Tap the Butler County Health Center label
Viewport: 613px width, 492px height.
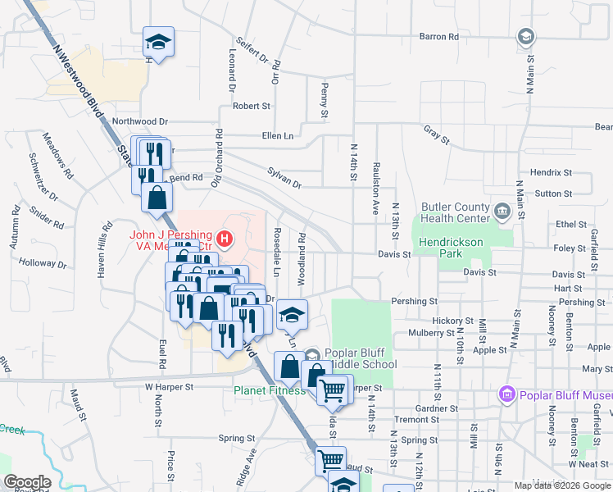pos(455,213)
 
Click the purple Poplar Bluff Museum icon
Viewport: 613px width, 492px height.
pos(507,396)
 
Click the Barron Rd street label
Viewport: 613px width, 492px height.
pos(439,37)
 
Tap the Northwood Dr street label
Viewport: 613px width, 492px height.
pos(140,121)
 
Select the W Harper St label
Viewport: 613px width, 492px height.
pos(168,386)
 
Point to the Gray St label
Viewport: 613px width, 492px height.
pos(437,135)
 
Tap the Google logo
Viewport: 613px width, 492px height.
pos(27,482)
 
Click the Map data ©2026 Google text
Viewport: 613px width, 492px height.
pos(562,485)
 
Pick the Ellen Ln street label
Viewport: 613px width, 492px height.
pos(277,135)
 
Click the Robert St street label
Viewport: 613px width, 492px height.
pos(251,106)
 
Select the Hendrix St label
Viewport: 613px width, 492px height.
pos(551,173)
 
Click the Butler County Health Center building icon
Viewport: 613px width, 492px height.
pos(502,212)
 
